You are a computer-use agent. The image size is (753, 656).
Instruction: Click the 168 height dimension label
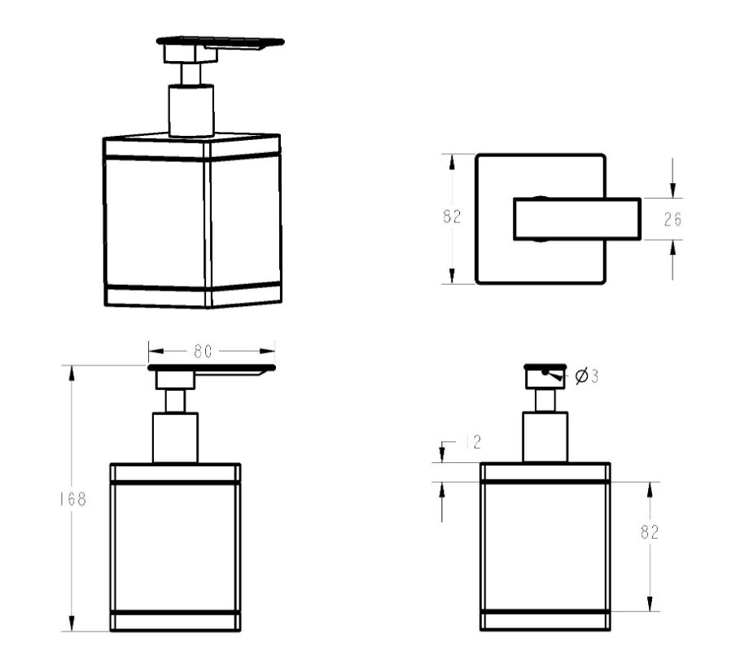(x=73, y=500)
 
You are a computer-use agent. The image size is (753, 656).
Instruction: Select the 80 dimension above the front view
(x=203, y=352)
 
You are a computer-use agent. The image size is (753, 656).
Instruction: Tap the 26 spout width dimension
(x=672, y=220)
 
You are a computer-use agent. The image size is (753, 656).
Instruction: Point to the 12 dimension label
(x=474, y=442)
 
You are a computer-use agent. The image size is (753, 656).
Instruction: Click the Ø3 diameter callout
(x=587, y=375)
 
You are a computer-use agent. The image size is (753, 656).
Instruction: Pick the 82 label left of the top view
(x=452, y=216)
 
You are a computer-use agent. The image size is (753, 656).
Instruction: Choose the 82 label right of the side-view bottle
(x=650, y=531)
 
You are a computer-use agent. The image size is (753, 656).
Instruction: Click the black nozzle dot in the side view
(x=545, y=372)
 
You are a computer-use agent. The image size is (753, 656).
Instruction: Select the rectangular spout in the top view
(x=577, y=218)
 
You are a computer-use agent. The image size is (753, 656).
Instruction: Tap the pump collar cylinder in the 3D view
(x=191, y=111)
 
